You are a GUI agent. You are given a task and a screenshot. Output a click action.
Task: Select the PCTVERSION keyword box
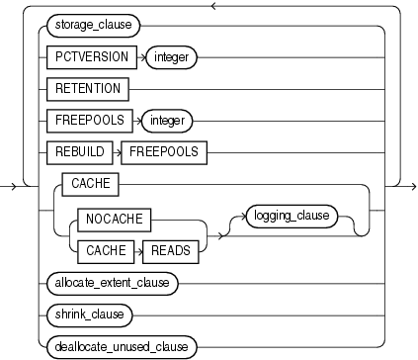[x=89, y=57]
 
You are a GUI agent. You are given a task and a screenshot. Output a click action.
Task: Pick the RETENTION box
[x=87, y=88]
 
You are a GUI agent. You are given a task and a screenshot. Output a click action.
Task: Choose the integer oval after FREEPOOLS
[x=167, y=120]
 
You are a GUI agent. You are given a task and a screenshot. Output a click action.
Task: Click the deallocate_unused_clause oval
[x=120, y=346]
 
